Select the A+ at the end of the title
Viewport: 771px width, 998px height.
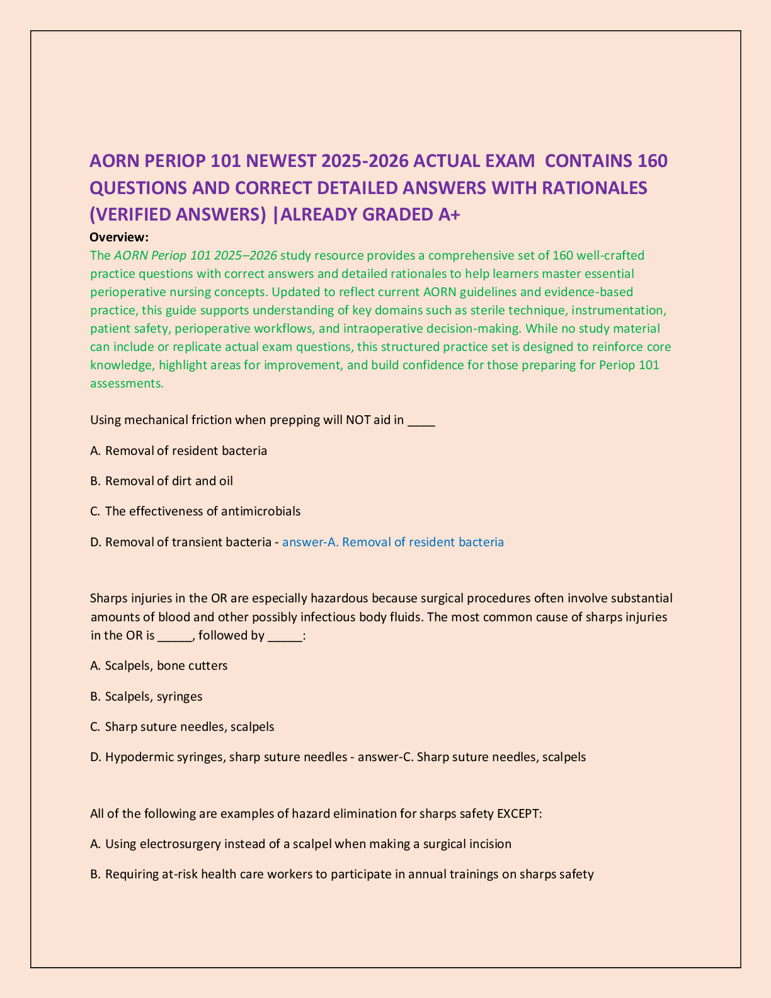coord(449,215)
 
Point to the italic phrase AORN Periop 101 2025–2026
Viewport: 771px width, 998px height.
coord(195,255)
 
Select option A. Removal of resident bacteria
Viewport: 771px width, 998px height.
coord(179,450)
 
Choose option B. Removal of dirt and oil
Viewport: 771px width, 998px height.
coord(162,481)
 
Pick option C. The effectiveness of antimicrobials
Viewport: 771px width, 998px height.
coord(195,511)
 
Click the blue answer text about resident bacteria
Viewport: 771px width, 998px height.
coord(393,542)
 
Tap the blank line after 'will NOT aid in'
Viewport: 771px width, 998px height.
coord(421,422)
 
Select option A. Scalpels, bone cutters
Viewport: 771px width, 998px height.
coord(159,665)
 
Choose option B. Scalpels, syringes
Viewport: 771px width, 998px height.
coord(147,696)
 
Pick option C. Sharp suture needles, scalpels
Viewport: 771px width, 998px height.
coord(183,726)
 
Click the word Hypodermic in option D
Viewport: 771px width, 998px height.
coord(134,757)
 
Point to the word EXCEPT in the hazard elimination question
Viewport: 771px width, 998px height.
coord(519,813)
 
